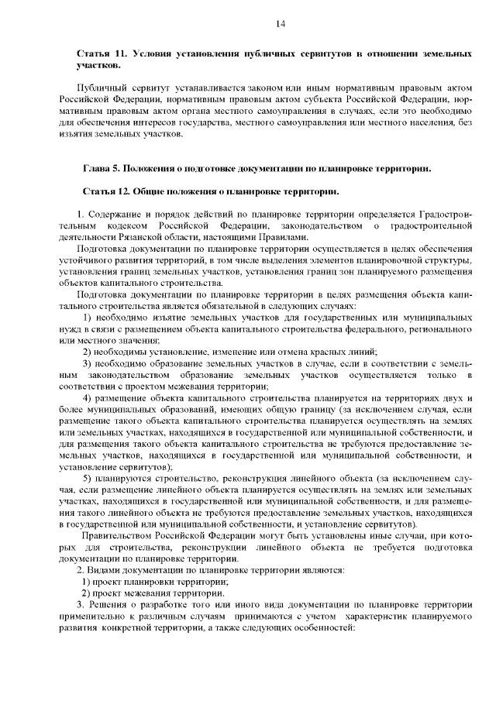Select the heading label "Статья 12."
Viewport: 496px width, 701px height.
tap(106, 190)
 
